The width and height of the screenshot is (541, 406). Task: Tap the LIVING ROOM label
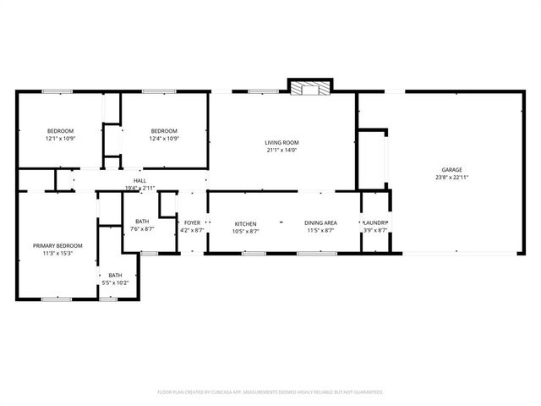coord(282,143)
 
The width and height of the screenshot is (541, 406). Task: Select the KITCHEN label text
coord(245,223)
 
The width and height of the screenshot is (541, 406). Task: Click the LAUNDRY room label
coord(375,223)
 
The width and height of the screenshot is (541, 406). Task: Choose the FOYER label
coord(192,223)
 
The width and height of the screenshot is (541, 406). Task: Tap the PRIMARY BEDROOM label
coord(52,245)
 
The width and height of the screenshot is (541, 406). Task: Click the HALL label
coord(140,180)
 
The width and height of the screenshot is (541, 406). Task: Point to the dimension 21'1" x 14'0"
coord(282,151)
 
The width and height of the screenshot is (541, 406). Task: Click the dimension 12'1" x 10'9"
coord(60,138)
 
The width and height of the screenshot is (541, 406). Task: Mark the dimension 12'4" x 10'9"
coord(164,138)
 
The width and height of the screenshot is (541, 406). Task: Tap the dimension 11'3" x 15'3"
coord(52,253)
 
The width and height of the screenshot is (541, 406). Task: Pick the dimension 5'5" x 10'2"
coord(114,282)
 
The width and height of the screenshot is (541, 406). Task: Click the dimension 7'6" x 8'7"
coord(141,229)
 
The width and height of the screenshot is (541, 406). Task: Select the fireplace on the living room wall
coord(310,86)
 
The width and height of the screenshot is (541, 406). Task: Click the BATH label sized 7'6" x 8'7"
coord(141,222)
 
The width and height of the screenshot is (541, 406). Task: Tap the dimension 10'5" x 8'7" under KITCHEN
coord(245,230)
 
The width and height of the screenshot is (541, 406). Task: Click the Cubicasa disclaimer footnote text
coord(270,392)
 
